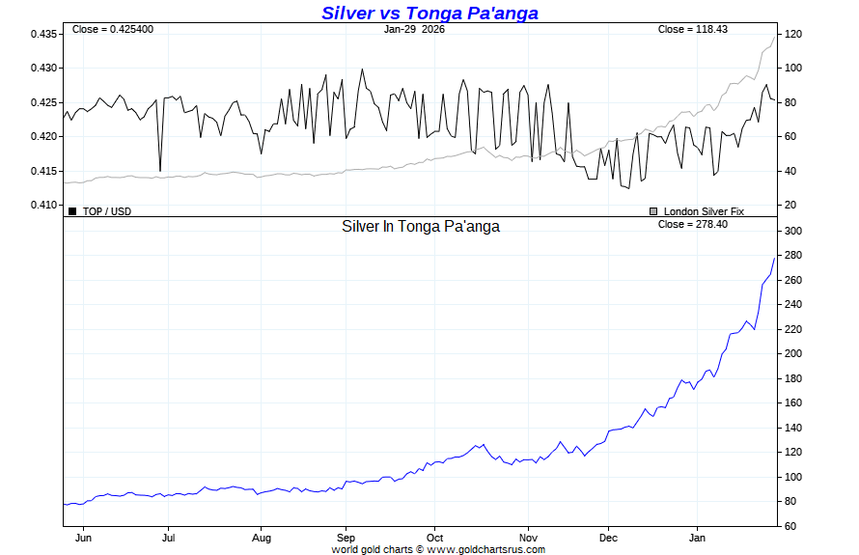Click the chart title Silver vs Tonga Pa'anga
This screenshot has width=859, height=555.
pos(429,13)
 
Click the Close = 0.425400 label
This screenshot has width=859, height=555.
pos(112,29)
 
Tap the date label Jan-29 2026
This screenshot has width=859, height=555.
pos(414,29)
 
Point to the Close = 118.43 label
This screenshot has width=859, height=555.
pos(692,29)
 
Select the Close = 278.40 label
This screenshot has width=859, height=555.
pos(692,224)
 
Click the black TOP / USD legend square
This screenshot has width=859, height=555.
pos(72,210)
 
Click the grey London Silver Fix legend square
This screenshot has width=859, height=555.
pos(653,210)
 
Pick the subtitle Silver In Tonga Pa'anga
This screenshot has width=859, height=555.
pos(421,226)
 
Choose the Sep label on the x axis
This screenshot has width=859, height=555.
pos(346,538)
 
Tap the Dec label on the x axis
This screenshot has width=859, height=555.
pos(608,538)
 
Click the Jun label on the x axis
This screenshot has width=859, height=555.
pos(84,538)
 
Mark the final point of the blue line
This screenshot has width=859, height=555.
pos(775,258)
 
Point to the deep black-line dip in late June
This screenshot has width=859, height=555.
pos(160,171)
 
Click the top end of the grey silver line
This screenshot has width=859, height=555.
pos(775,36)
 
